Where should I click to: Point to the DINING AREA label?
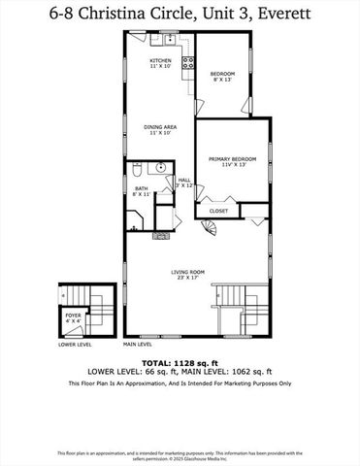point(159,128)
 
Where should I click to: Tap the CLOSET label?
point(219,211)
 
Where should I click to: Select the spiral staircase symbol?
point(213,228)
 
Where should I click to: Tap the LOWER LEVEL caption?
point(75,345)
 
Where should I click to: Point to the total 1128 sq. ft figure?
point(180,362)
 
